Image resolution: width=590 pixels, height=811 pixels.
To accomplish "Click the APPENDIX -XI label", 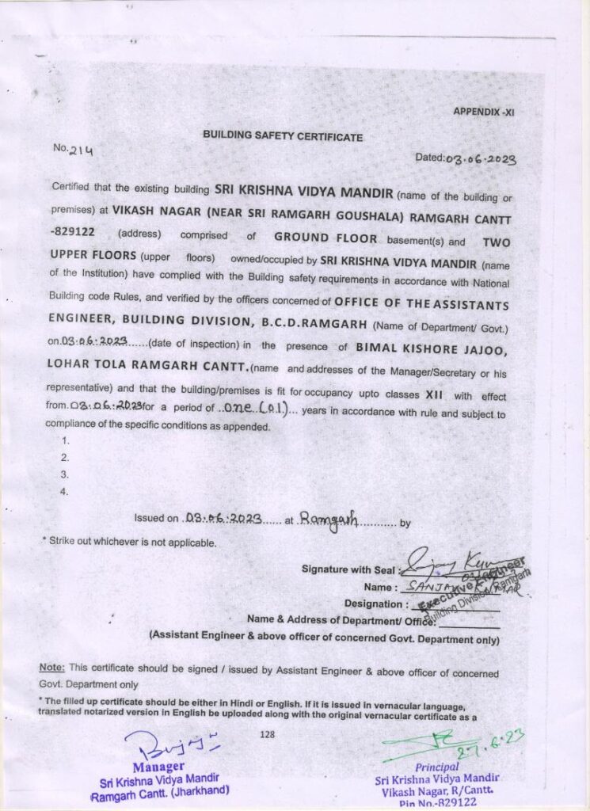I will (483, 112).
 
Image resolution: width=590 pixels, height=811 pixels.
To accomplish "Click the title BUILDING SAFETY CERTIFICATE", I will (283, 136).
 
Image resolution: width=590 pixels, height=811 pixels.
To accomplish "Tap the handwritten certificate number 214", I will (82, 150).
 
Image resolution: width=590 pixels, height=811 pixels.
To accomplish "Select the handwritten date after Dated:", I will (481, 158).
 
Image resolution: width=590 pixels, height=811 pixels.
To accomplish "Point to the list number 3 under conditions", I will (65, 474).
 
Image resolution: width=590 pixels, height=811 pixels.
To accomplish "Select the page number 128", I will (266, 734).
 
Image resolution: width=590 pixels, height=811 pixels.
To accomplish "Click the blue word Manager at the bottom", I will (158, 767).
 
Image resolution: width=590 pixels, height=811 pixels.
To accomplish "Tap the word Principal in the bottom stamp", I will (436, 767).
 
